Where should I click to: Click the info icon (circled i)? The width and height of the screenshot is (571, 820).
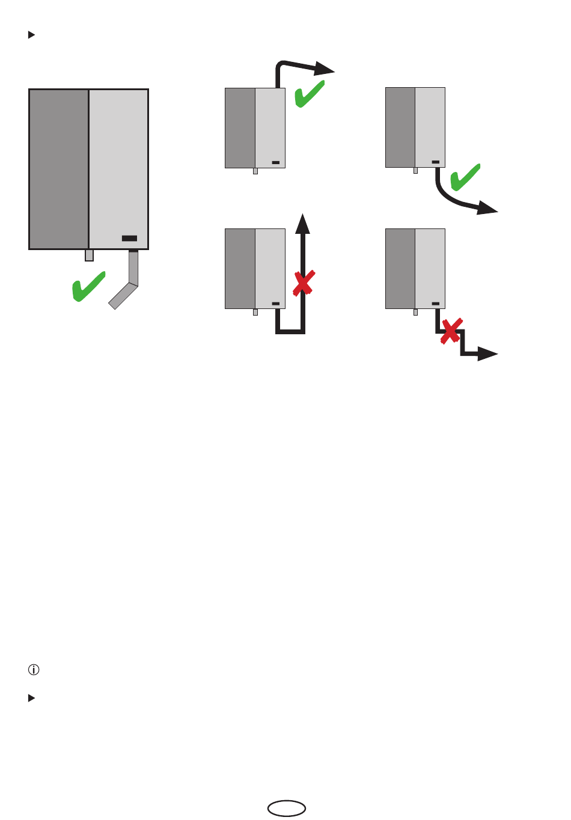(x=34, y=669)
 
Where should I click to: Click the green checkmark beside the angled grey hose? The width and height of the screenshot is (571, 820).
(x=88, y=287)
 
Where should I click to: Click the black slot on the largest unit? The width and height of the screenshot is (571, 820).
(x=129, y=238)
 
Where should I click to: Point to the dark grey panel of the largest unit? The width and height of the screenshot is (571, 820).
(x=59, y=169)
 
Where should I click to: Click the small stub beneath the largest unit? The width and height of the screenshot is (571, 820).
(x=89, y=255)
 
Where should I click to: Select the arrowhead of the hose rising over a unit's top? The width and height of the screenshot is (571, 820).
(x=325, y=69)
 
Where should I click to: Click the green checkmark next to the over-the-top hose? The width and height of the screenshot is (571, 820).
(x=310, y=94)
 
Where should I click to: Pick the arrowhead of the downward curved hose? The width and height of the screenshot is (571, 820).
(x=487, y=209)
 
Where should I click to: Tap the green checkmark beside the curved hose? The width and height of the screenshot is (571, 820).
(x=465, y=177)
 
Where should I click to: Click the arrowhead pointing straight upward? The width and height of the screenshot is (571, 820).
(x=303, y=224)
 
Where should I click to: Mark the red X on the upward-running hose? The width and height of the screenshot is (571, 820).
(x=304, y=283)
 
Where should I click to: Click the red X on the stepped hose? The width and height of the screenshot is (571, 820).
(x=451, y=331)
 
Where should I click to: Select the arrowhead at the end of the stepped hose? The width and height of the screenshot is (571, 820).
(x=487, y=354)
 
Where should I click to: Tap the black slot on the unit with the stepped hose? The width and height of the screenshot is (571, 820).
(x=436, y=304)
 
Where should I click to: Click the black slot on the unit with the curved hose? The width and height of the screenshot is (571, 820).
(x=436, y=162)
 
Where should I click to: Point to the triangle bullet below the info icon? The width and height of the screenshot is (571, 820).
(x=32, y=698)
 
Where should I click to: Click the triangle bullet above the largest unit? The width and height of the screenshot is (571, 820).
(x=32, y=35)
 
